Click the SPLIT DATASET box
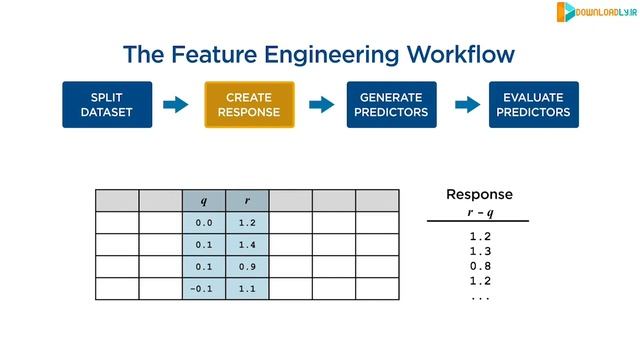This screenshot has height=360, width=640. click(106, 105)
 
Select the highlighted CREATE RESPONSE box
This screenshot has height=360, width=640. click(249, 105)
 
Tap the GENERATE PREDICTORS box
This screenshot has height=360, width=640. click(392, 105)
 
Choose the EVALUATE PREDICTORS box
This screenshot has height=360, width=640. click(534, 105)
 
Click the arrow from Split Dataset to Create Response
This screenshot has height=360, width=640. click(177, 105)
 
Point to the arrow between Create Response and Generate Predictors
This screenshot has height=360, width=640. click(321, 105)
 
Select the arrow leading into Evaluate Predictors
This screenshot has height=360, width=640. click(463, 105)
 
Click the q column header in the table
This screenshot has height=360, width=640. click(204, 200)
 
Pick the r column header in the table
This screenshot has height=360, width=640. click(248, 200)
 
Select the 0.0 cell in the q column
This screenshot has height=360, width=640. click(204, 223)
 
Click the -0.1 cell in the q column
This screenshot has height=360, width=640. click(204, 289)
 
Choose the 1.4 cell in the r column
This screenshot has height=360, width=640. click(248, 245)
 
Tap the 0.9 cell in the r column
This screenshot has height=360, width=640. click(248, 267)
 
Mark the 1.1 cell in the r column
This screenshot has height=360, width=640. click(248, 289)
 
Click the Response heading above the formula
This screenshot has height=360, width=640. click(478, 194)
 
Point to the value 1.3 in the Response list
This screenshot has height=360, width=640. click(479, 253)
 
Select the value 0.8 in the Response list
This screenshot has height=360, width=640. click(479, 268)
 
